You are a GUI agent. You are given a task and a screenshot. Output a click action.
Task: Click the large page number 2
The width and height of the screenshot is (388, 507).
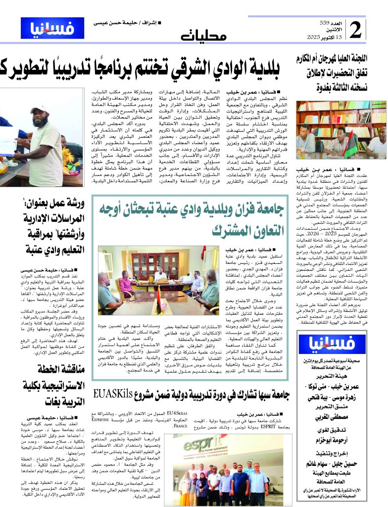click(355, 31)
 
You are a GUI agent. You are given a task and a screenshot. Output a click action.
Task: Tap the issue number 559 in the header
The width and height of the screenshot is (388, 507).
click(324, 23)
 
